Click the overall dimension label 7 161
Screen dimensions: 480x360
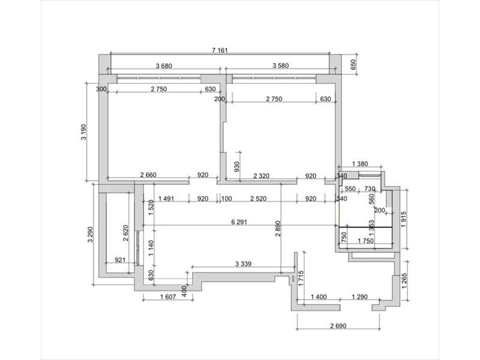click(x=220, y=50)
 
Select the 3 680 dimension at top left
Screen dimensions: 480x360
click(x=164, y=66)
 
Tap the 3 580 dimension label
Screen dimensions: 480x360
click(x=280, y=65)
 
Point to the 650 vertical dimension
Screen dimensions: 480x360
click(x=353, y=65)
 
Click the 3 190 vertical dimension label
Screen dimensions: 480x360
click(x=83, y=132)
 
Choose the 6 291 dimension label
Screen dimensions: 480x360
click(x=239, y=222)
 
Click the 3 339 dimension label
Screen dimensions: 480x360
click(x=244, y=263)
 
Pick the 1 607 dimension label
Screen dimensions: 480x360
click(x=168, y=296)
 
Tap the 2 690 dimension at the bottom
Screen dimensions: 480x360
click(x=338, y=326)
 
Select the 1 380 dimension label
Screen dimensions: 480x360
click(x=359, y=164)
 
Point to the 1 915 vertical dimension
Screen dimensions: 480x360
click(x=403, y=219)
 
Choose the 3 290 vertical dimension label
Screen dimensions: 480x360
click(x=90, y=235)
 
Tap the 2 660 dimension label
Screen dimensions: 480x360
click(x=148, y=175)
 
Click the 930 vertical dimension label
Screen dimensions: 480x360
click(x=236, y=167)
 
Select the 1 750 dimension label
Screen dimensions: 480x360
click(x=365, y=241)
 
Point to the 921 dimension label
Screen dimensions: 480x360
click(x=120, y=260)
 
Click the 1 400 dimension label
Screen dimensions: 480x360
click(x=319, y=296)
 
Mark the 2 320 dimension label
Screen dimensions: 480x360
click(x=262, y=176)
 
